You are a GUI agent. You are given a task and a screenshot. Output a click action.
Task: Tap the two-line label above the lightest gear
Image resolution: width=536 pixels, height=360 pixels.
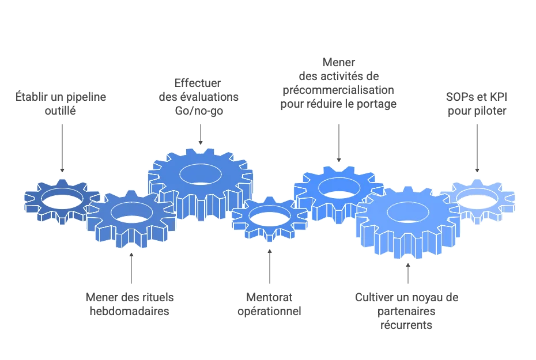[475, 101]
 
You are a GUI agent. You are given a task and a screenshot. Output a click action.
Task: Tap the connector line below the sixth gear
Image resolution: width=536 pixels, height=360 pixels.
[408, 274]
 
